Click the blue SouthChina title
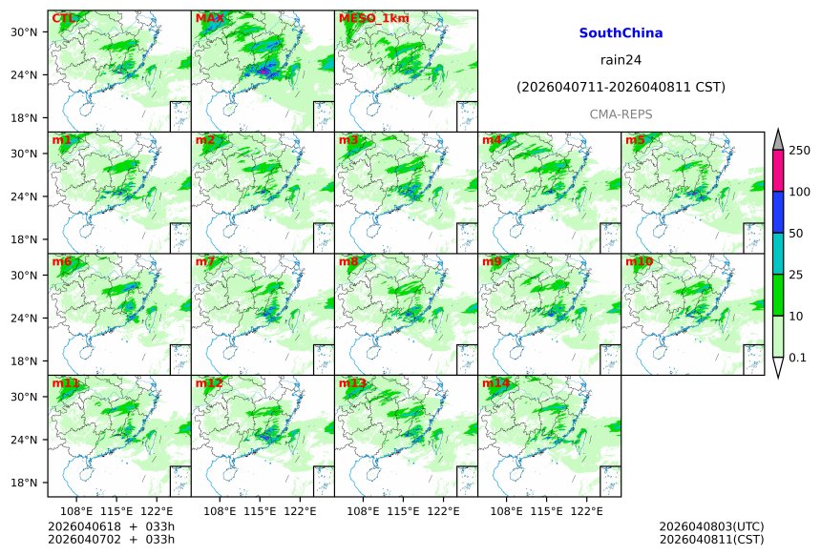coord(621,32)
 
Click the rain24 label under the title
coord(621,59)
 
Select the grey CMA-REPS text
coord(621,113)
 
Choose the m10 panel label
coord(640,261)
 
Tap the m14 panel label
coord(495,383)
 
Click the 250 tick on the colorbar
coord(799,151)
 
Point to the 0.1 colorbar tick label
coord(799,358)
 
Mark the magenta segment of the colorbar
coord(777,171)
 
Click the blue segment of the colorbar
coord(777,212)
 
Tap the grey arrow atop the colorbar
coord(777,139)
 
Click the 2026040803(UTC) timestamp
coord(711,526)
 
